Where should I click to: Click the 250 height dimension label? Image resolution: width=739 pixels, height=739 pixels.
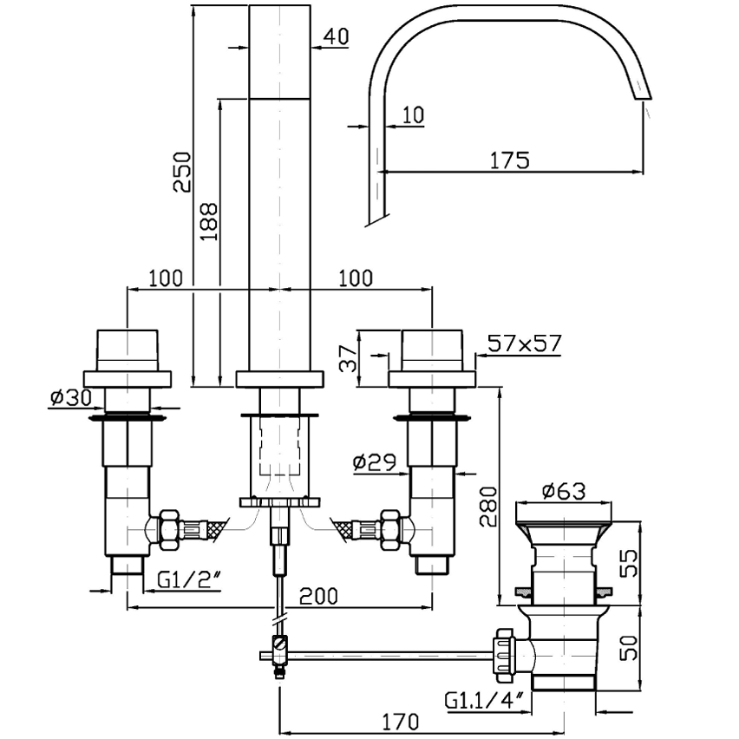pyautogui.click(x=182, y=172)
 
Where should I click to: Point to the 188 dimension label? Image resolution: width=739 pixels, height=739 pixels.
pyautogui.click(x=209, y=221)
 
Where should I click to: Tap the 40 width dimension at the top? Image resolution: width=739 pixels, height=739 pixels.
pyautogui.click(x=337, y=36)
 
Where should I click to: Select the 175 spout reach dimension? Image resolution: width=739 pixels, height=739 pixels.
pyautogui.click(x=509, y=160)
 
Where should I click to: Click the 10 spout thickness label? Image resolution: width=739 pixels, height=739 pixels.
pyautogui.click(x=414, y=114)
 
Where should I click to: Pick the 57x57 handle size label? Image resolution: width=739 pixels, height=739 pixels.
pyautogui.click(x=525, y=343)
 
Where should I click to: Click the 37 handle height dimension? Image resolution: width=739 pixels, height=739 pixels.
pyautogui.click(x=350, y=358)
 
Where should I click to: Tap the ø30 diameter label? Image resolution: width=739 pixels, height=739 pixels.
pyautogui.click(x=71, y=398)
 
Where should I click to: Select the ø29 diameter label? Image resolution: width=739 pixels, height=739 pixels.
pyautogui.click(x=375, y=463)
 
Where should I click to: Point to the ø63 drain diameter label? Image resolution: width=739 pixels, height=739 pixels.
pyautogui.click(x=564, y=491)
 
